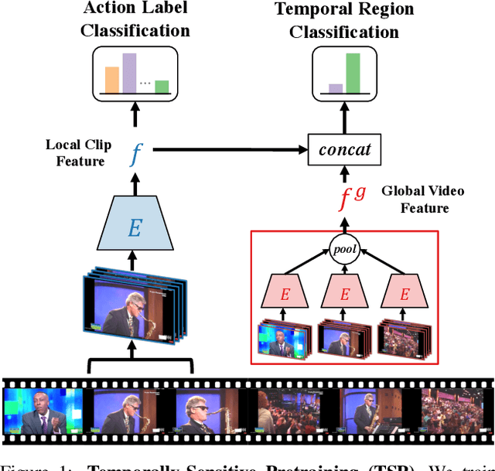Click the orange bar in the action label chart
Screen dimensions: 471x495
tap(112, 80)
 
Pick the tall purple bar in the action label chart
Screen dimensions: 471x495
tap(129, 73)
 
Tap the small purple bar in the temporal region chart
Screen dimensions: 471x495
tap(335, 87)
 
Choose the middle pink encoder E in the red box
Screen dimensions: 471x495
tap(344, 294)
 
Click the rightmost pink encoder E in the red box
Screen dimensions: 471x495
tap(405, 294)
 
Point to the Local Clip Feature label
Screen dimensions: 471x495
tap(78, 152)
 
